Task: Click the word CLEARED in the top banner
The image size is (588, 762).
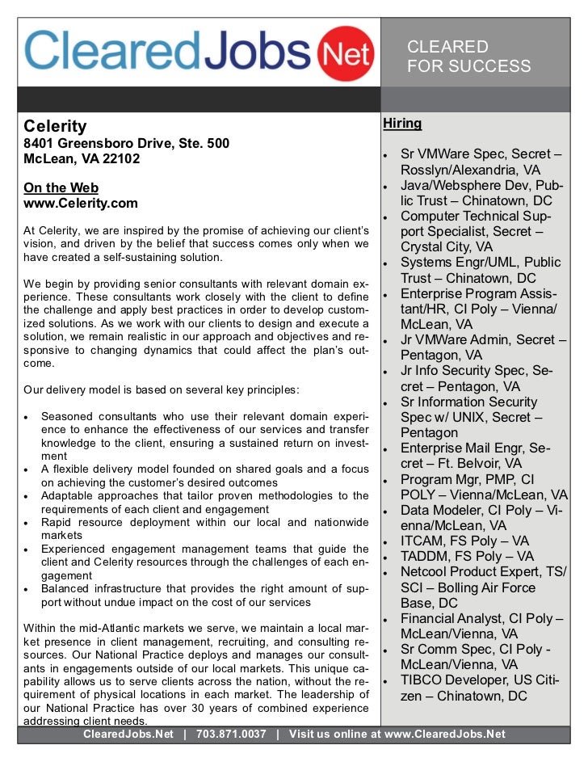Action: pos(447,47)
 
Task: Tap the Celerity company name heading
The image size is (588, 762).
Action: pos(55,126)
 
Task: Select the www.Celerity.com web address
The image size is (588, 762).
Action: pos(81,204)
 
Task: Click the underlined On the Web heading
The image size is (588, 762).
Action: pos(61,188)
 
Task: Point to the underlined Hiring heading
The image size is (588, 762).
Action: pos(402,124)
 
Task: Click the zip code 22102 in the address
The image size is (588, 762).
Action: pos(120,158)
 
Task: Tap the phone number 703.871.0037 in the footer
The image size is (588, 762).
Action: pos(231,734)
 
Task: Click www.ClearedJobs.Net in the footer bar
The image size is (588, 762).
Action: pos(444,734)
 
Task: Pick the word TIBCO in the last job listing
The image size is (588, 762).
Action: pos(423,680)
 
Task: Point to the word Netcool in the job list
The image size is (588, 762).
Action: pos(427,572)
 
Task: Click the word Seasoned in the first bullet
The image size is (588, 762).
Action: pos(67,416)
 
